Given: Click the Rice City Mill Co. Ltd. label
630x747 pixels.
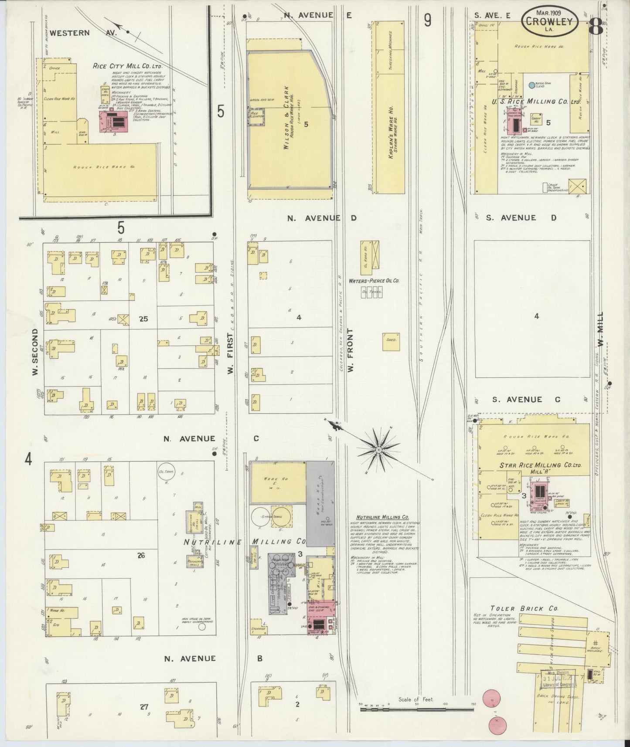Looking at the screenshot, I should tap(127, 66).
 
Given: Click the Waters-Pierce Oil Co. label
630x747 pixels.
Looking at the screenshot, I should tap(374, 281).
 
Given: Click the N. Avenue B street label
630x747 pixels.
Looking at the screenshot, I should tap(213, 658).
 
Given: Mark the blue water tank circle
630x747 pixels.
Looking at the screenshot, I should tap(532, 85).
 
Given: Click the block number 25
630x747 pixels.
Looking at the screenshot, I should tap(143, 319).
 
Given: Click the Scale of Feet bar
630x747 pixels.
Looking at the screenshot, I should tap(417, 710).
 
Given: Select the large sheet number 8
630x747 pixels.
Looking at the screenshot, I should tap(596, 27).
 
